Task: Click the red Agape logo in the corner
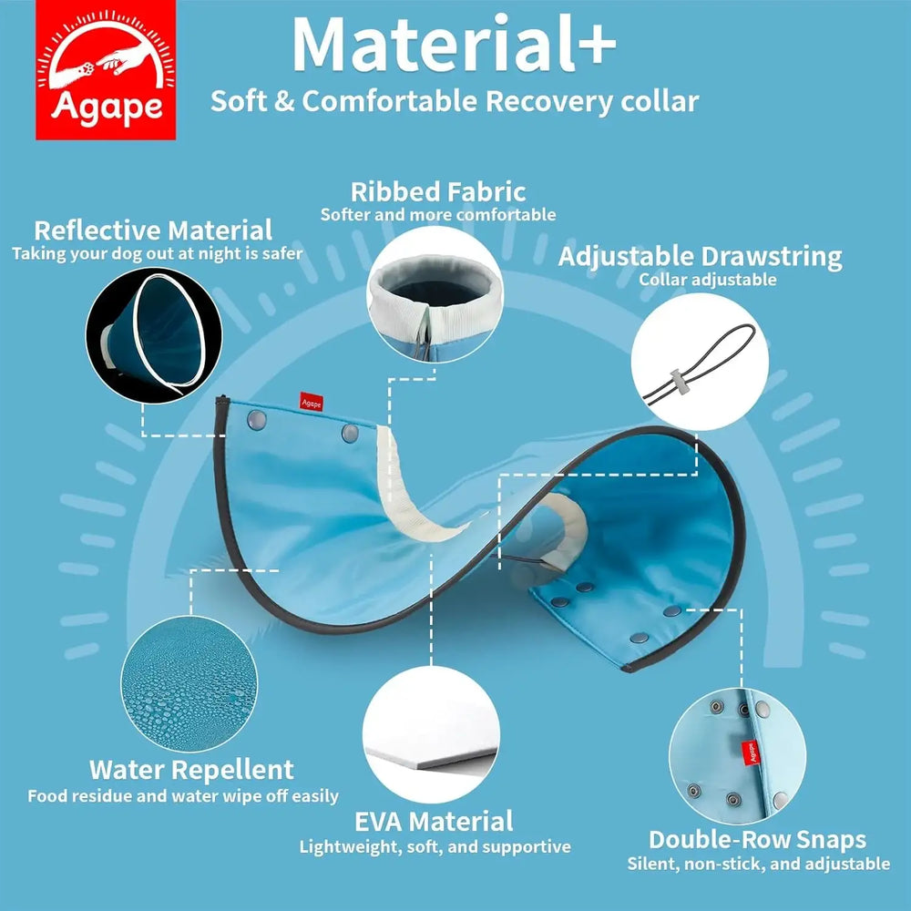click(x=106, y=70)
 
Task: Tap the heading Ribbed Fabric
click(x=438, y=191)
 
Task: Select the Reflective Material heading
click(x=153, y=230)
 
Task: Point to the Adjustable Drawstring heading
click(x=700, y=257)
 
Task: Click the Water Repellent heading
click(x=191, y=770)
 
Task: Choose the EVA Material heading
click(x=434, y=822)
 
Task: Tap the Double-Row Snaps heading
click(x=758, y=840)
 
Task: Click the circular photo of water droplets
click(x=189, y=683)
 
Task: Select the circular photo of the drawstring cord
click(x=700, y=362)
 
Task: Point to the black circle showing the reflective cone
click(x=154, y=335)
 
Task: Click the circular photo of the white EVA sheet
click(x=431, y=734)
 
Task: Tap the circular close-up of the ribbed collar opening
click(x=435, y=294)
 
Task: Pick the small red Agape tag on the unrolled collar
click(x=312, y=402)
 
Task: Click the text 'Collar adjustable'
click(x=708, y=280)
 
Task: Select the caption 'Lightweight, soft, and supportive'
click(x=435, y=846)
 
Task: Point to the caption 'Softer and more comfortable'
click(x=438, y=214)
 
